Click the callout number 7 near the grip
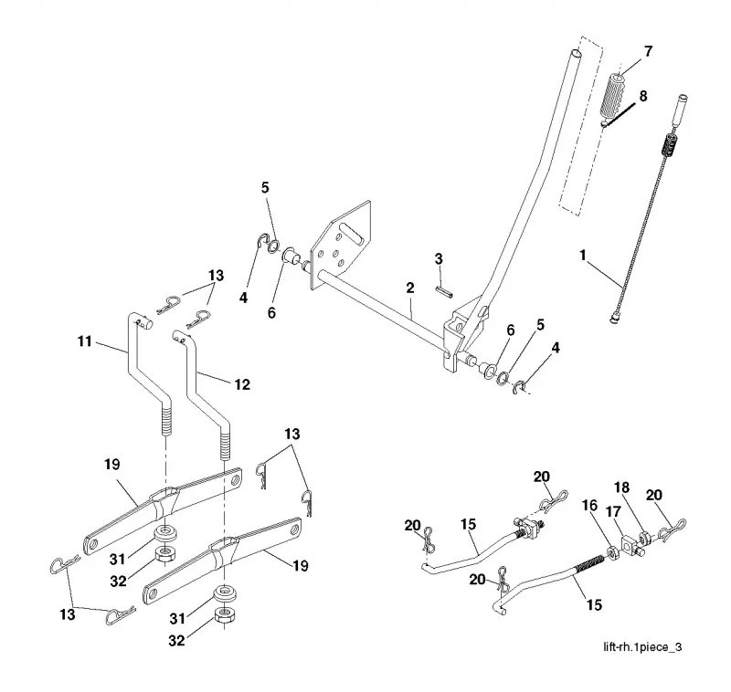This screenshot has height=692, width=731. coord(648,52)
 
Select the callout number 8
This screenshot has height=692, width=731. coord(643,97)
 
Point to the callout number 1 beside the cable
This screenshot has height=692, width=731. coord(582,256)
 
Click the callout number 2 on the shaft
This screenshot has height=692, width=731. coord(409,288)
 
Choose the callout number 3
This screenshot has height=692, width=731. coord(439,259)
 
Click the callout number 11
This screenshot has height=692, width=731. coord(85,341)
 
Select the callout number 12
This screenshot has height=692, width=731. coord(242,384)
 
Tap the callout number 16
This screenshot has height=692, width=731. coord(589,505)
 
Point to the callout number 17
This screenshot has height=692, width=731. coord(613,512)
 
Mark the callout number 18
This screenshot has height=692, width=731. coord(622,488)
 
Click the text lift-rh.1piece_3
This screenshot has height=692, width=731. coord(642,647)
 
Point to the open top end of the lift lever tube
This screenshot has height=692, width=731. coord(577,54)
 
